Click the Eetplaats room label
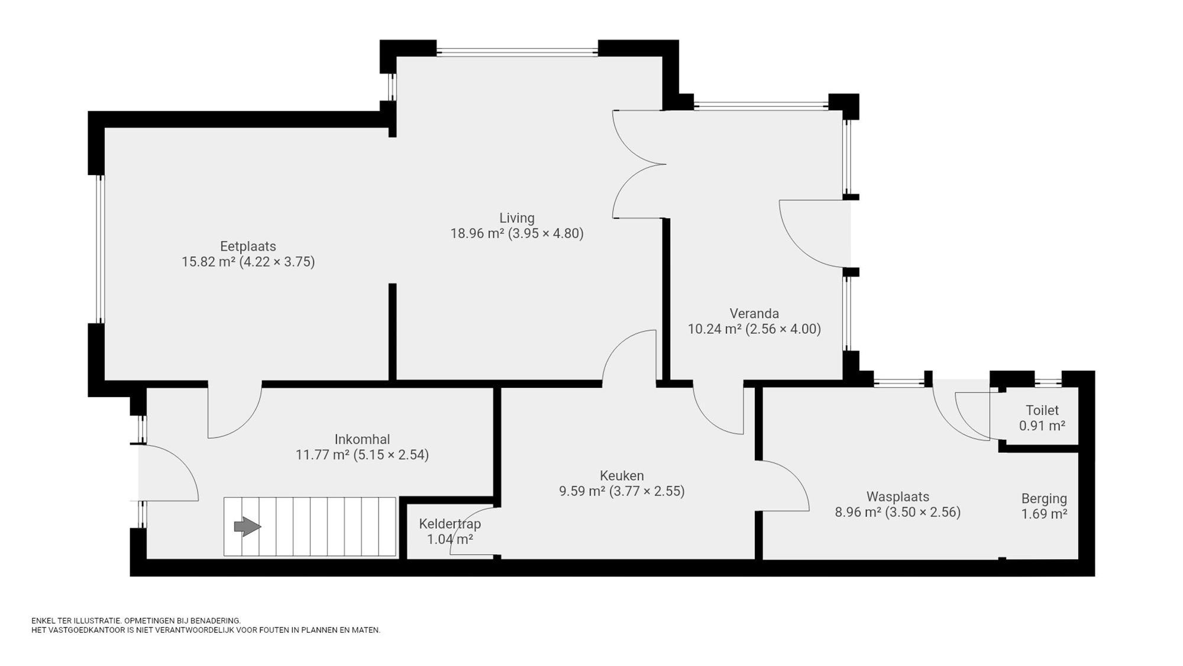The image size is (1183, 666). (x=248, y=246)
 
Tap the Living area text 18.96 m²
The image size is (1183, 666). (x=477, y=233)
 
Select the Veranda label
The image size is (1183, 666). (x=754, y=314)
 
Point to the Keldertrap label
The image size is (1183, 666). (x=450, y=524)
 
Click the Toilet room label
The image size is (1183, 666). (x=1042, y=410)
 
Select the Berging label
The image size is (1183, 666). (x=1043, y=498)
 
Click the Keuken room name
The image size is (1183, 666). (x=621, y=476)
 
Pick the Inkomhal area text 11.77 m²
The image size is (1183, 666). (x=322, y=455)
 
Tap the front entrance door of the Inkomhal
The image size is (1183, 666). (x=169, y=474)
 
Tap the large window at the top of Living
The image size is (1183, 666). (x=517, y=52)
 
